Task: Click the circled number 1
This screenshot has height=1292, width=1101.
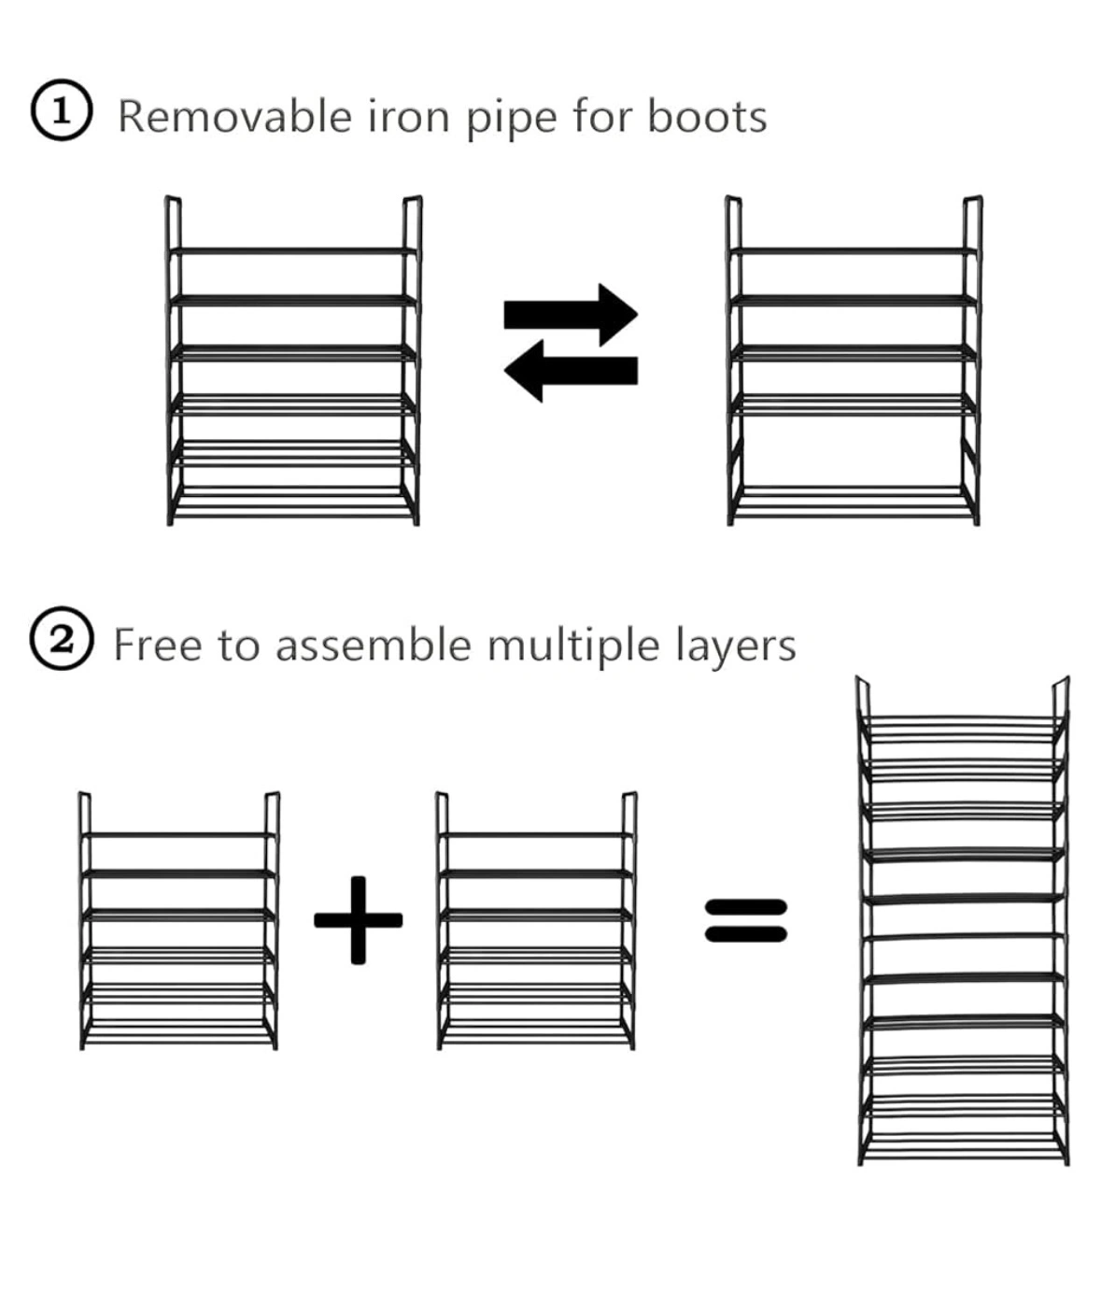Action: [62, 112]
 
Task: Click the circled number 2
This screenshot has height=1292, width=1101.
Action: [62, 640]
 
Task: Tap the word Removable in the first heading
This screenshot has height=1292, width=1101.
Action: [233, 118]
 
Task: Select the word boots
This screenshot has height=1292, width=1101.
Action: [707, 118]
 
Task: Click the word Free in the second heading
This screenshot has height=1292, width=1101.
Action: [158, 645]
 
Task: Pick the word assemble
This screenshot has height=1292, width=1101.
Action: [374, 645]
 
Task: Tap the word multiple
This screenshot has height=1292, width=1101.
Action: [573, 646]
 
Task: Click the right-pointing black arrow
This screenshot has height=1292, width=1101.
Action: [572, 314]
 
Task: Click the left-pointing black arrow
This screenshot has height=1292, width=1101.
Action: [570, 371]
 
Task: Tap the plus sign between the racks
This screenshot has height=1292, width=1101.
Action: [358, 920]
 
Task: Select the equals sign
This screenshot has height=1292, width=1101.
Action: [745, 920]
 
